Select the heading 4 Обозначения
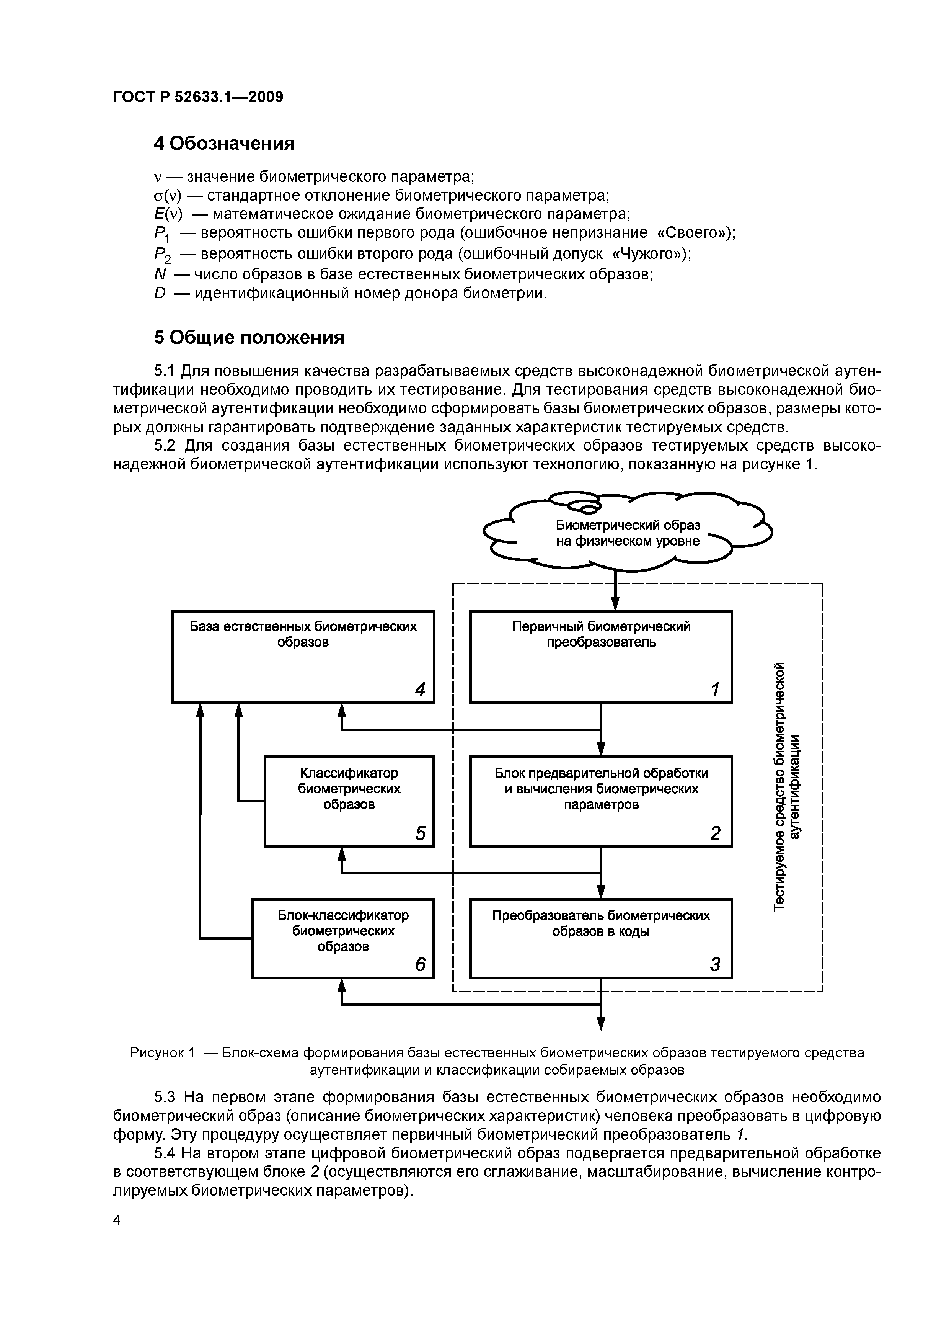(x=223, y=143)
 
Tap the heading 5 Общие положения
(x=248, y=338)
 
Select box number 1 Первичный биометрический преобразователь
(x=600, y=656)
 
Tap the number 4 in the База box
(x=420, y=689)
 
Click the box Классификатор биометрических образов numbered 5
(x=349, y=800)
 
